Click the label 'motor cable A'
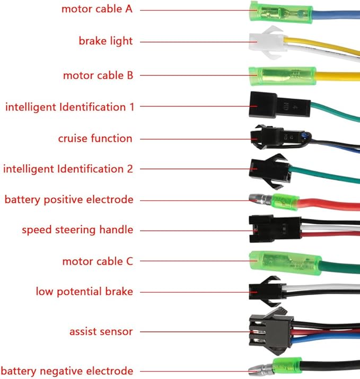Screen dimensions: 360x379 [x=96, y=9]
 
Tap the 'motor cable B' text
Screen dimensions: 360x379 [x=98, y=75]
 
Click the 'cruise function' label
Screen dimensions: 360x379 [x=95, y=138]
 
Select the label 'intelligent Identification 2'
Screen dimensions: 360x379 [x=68, y=169]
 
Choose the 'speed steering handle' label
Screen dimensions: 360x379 [x=77, y=230]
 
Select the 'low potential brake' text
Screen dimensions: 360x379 [x=84, y=292]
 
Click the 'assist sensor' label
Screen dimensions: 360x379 [x=101, y=332]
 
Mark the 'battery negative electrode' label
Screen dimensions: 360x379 [x=67, y=371]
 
